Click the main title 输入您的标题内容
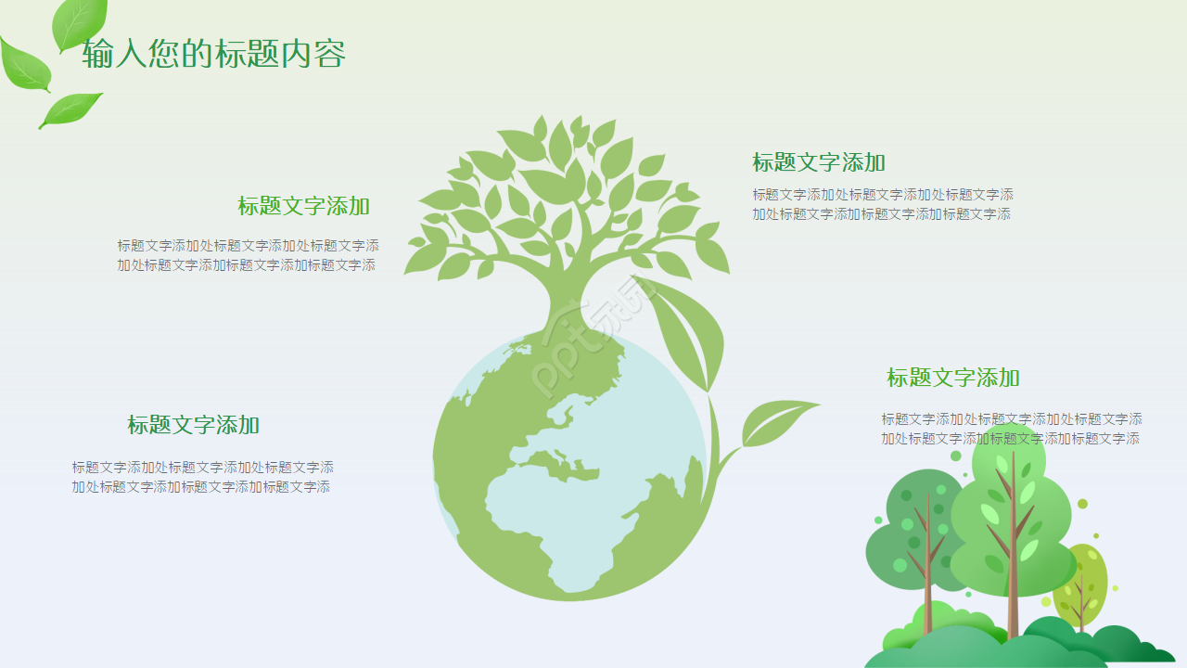tap(214, 54)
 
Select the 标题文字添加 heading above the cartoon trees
tap(953, 378)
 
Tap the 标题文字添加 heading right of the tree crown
tap(819, 162)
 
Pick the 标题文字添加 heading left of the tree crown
tap(303, 206)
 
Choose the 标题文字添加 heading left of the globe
tap(193, 425)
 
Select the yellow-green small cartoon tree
tap(1083, 580)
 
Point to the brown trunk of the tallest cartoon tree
tap(1014, 612)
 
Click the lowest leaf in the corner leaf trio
tap(71, 109)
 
